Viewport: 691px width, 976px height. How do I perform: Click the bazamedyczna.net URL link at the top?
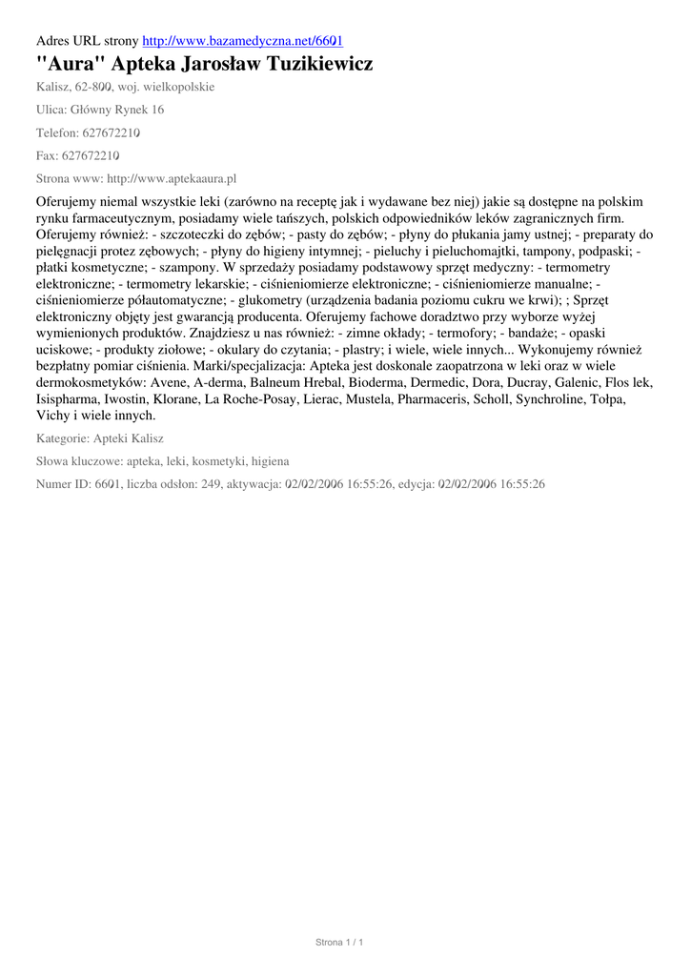coord(242,41)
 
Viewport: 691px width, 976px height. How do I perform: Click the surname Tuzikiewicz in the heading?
coord(309,65)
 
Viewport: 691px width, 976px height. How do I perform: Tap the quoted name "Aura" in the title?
coord(70,65)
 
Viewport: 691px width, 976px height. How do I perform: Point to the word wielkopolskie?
coord(180,86)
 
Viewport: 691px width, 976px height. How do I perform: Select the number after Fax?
coord(90,155)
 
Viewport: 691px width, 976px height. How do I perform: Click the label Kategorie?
coord(62,438)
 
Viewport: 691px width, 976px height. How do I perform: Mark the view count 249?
coord(210,484)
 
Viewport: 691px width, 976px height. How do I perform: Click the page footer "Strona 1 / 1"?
coord(340,943)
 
